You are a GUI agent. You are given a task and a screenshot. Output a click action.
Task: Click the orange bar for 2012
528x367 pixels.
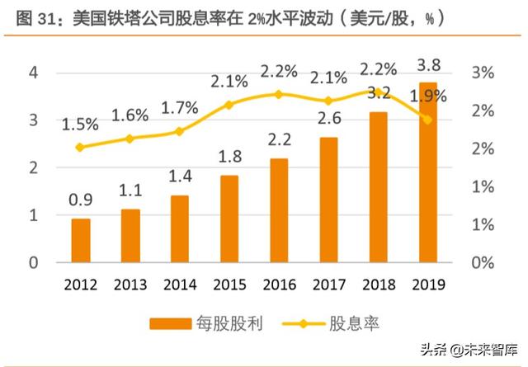click(x=81, y=241)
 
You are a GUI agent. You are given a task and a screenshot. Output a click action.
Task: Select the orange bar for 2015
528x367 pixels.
click(x=229, y=219)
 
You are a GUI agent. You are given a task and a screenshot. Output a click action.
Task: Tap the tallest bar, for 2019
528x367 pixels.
click(x=427, y=172)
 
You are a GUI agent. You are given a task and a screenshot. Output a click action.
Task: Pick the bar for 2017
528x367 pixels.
click(x=328, y=200)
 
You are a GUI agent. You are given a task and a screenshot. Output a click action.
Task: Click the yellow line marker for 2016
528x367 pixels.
click(x=279, y=94)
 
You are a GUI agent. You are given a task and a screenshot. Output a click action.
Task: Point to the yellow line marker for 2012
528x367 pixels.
click(x=81, y=148)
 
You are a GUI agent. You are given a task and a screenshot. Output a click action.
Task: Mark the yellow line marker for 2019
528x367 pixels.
click(x=427, y=120)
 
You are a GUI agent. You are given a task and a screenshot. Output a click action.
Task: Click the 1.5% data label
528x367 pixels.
click(x=81, y=125)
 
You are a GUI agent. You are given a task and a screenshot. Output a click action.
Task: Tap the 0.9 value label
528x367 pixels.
click(x=81, y=200)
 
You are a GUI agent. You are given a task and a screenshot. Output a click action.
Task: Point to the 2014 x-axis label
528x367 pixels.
click(x=180, y=285)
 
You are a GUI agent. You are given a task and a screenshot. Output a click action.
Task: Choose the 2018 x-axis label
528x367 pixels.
click(x=378, y=285)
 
